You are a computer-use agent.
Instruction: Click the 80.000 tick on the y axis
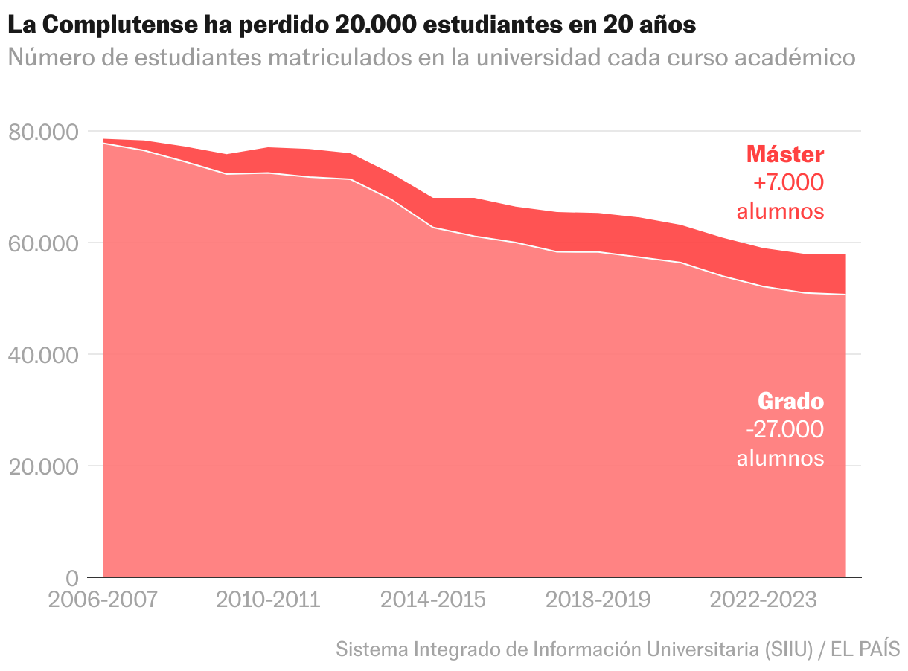point(43,132)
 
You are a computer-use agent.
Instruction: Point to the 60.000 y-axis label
point(43,244)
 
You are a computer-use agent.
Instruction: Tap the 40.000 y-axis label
point(43,356)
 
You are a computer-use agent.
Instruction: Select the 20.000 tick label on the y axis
point(43,467)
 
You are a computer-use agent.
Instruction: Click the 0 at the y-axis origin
point(71,578)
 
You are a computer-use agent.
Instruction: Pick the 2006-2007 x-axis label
point(103,600)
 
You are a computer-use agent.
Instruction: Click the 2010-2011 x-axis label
point(268,600)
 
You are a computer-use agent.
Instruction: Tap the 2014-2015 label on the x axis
point(433,600)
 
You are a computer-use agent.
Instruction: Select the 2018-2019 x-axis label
point(598,600)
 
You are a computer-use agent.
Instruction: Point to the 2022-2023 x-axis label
point(763,600)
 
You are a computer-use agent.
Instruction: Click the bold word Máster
point(785,154)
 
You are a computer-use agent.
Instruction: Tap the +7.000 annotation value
point(788,182)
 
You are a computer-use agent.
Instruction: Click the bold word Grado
point(790,402)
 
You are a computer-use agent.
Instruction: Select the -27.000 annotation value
point(784,430)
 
